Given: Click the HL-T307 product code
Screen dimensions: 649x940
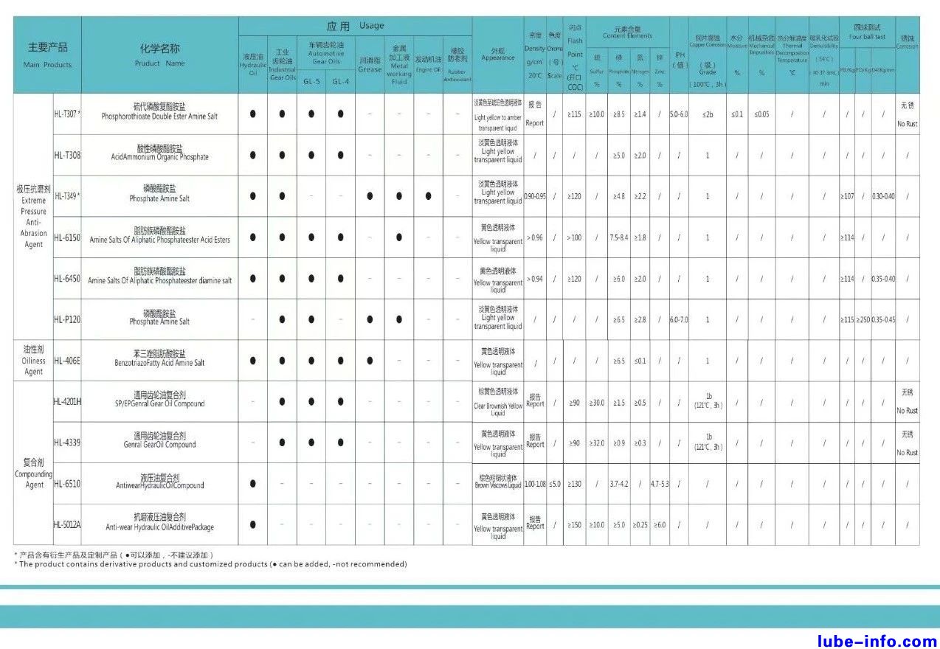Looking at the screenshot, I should (66, 114).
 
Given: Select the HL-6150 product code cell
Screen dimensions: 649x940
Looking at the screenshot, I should (67, 237).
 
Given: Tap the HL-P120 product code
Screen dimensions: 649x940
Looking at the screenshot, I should (67, 319).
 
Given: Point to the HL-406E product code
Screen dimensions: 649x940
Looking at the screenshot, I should (67, 361).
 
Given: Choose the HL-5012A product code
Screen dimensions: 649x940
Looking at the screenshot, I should (67, 524).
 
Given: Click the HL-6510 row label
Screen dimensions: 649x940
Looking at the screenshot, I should (67, 484).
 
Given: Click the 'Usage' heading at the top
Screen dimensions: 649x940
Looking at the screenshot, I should (355, 26).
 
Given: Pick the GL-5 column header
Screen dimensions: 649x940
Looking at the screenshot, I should (311, 81).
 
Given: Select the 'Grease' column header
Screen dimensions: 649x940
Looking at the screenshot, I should (370, 65).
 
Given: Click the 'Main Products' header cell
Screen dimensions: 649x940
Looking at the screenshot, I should (47, 55).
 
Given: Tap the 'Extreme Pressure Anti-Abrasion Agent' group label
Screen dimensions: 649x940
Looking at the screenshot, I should (33, 216).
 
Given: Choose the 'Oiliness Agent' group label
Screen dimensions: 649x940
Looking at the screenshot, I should (33, 360).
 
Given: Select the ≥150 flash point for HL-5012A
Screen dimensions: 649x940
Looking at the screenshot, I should (574, 525).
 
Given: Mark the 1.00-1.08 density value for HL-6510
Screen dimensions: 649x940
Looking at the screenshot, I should (535, 484).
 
